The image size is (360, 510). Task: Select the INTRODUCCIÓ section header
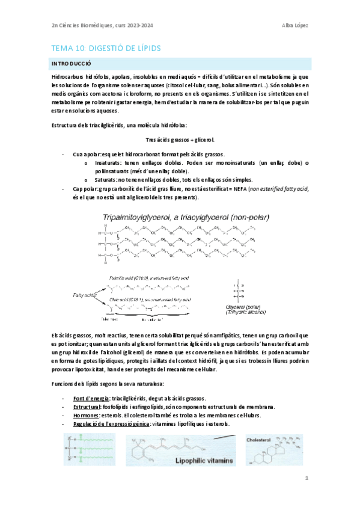[71, 63]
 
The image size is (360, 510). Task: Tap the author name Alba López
[294, 25]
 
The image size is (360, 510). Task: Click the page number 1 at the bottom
[306, 478]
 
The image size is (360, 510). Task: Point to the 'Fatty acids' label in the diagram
[79, 295]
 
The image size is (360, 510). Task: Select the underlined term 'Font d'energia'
[91, 399]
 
